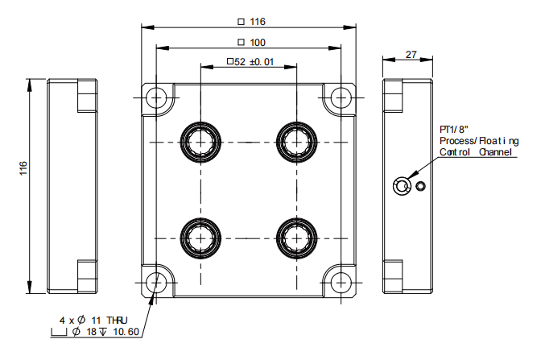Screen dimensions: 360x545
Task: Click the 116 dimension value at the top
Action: tap(257, 21)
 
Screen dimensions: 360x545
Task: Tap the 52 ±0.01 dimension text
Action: tap(255, 61)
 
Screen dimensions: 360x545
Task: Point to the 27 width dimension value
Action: tap(411, 55)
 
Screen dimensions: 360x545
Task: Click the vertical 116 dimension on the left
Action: tap(23, 168)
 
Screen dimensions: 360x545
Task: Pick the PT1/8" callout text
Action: tap(454, 130)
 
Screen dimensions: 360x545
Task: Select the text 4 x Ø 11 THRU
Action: tap(93, 320)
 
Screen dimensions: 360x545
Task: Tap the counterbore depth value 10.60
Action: tap(125, 332)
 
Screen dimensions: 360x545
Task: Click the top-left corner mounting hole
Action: tap(157, 97)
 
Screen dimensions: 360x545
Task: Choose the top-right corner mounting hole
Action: tap(341, 97)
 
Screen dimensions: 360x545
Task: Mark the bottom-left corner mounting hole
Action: tap(157, 282)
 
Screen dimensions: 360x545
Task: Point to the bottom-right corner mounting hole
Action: tap(341, 282)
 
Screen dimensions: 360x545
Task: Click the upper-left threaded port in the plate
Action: tap(199, 141)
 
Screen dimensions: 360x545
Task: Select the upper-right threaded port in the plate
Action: tap(294, 141)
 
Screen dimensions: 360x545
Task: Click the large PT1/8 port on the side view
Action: tap(400, 188)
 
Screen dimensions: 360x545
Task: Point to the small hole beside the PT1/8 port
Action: tap(419, 188)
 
